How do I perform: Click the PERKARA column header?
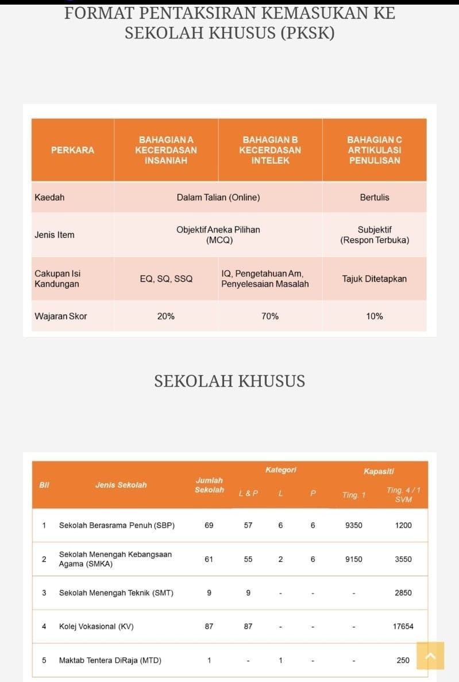pos(72,150)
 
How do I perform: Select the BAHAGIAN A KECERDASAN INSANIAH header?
pos(166,150)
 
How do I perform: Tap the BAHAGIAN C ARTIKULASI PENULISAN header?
pos(375,150)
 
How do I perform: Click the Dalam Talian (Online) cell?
pos(218,197)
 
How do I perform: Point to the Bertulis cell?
pos(375,197)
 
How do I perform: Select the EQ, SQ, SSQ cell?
pos(166,279)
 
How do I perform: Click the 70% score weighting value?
pos(270,316)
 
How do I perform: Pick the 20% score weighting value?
pos(166,316)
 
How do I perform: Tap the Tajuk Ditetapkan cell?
pos(375,279)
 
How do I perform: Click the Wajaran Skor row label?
pos(61,316)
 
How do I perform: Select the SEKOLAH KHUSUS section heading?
pos(229,381)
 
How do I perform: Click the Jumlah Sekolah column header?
pos(209,485)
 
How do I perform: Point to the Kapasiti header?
pos(379,471)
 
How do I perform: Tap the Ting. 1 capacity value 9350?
pos(354,525)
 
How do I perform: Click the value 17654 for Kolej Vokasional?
pos(403,626)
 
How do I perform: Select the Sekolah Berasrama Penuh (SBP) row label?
pos(117,525)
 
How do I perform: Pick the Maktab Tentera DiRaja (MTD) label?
pos(110,660)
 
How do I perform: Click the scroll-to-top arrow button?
pos(430,656)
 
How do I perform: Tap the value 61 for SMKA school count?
pos(209,559)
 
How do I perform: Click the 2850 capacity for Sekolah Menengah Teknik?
pos(403,592)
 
